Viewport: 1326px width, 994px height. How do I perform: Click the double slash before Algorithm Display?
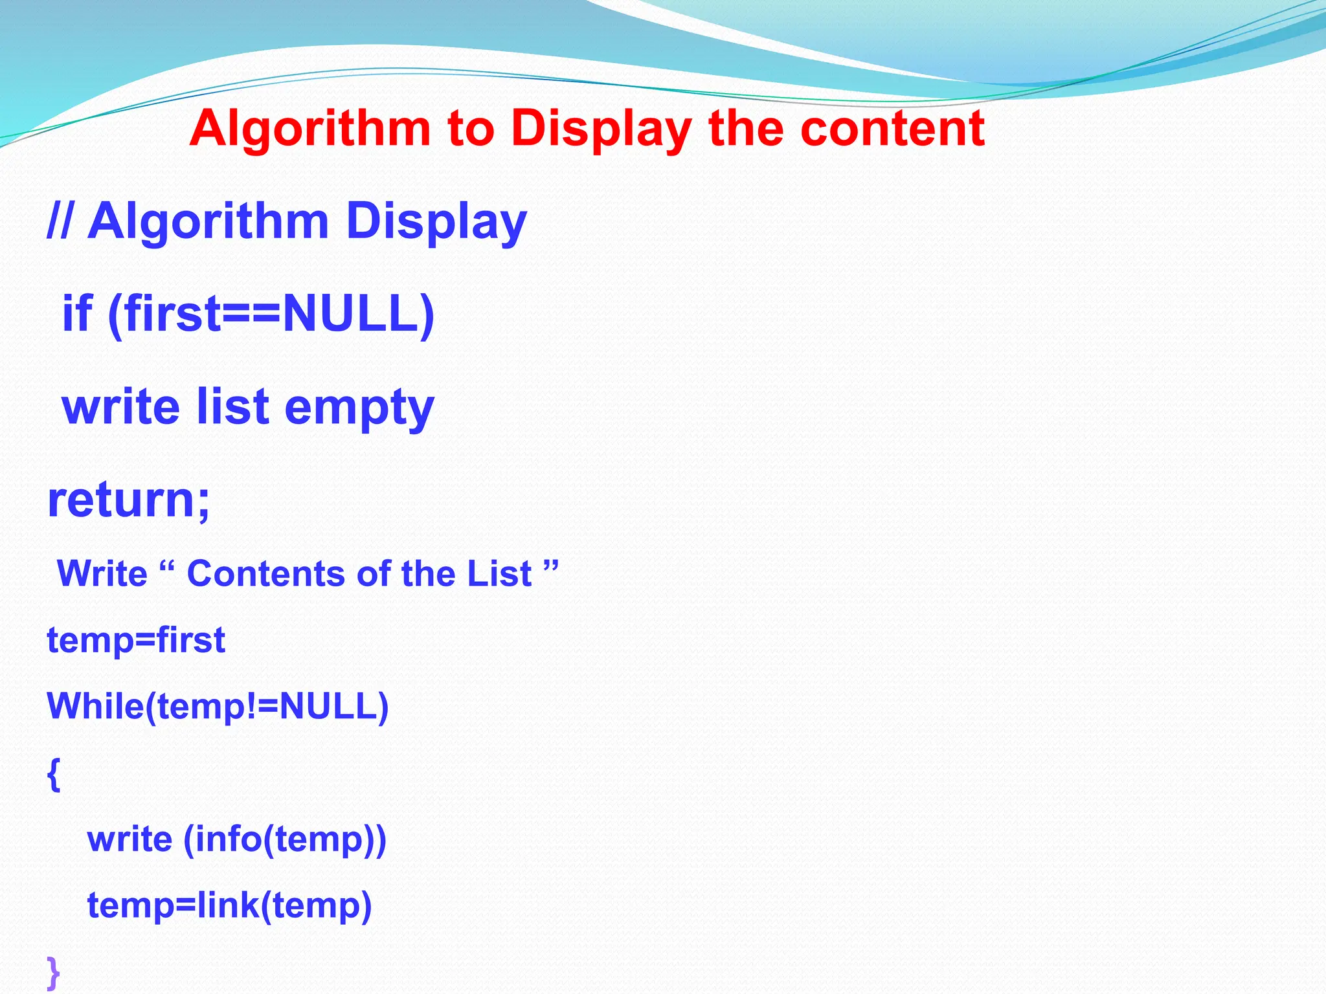coord(60,221)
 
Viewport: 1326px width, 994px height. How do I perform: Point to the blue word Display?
coord(436,221)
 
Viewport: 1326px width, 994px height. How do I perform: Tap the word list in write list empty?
coord(232,406)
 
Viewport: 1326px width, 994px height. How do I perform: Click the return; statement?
coord(129,500)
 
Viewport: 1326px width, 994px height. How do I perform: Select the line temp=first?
coord(136,640)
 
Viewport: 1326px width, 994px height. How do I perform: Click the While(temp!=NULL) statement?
coord(218,706)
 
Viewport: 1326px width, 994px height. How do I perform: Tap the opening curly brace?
coord(54,774)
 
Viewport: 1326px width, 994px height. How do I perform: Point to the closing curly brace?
coord(54,972)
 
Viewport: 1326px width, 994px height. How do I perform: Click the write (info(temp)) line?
coord(236,839)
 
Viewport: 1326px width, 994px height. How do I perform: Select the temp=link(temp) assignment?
coord(229,905)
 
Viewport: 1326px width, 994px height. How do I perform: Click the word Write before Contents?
coord(102,573)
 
